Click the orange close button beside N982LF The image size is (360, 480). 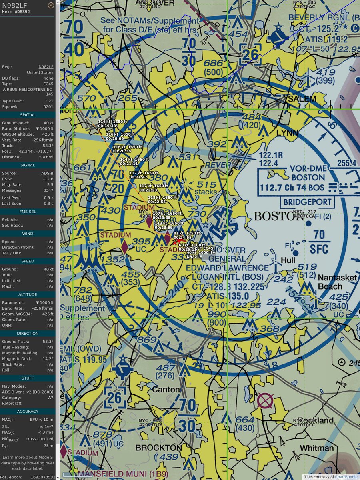pyautogui.click(x=51, y=6)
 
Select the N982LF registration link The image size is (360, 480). pyautogui.click(x=46, y=67)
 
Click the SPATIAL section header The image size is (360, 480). pyautogui.click(x=28, y=115)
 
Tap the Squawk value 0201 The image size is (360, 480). pyautogui.click(x=48, y=107)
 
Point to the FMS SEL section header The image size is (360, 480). pyautogui.click(x=28, y=212)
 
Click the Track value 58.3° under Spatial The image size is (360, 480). pyautogui.click(x=48, y=146)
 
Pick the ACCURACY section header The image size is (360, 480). pyautogui.click(x=28, y=411)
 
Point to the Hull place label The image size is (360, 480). pyautogui.click(x=288, y=260)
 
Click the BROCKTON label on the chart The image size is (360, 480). pyautogui.click(x=158, y=447)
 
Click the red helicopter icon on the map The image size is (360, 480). pyautogui.click(x=177, y=241)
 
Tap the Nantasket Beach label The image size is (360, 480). pyautogui.click(x=330, y=282)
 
